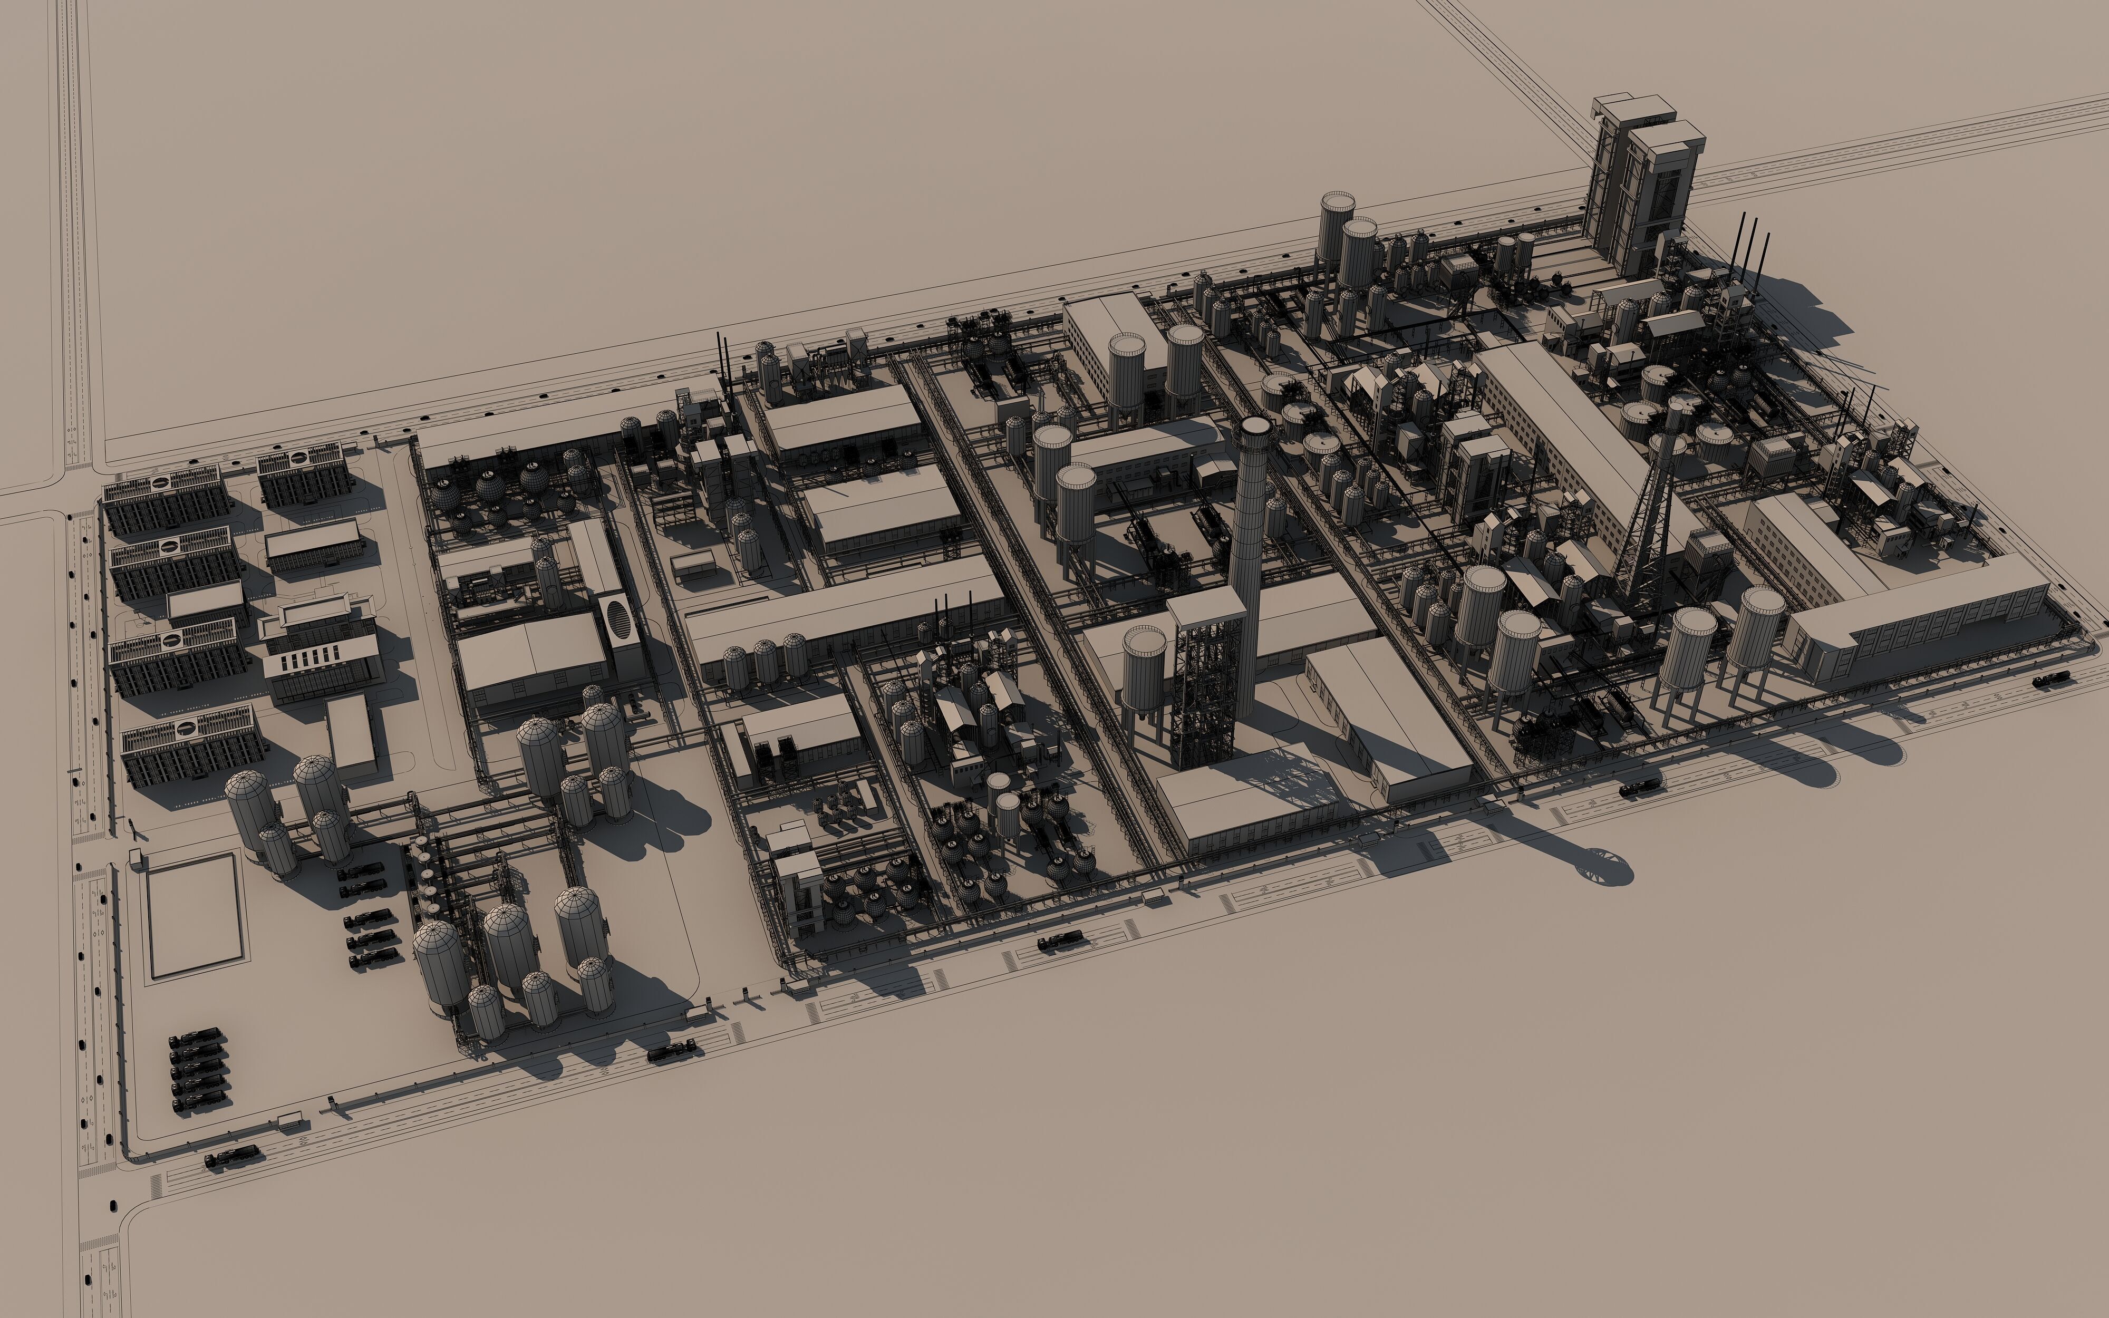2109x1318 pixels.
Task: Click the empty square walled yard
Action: pyautogui.click(x=194, y=915)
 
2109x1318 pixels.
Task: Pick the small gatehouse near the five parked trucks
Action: pyautogui.click(x=290, y=1120)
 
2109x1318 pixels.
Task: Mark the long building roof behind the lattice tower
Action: pyautogui.click(x=1560, y=419)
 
